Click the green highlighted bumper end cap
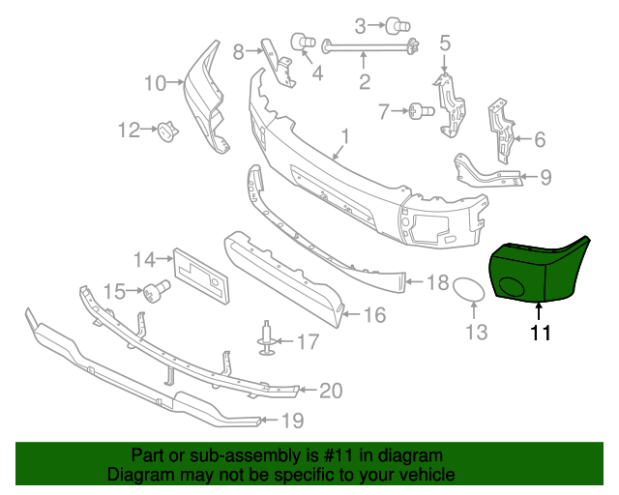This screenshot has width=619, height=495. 538,272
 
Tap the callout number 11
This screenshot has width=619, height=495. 539,335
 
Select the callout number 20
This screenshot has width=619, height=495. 331,391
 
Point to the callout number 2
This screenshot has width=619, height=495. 365,83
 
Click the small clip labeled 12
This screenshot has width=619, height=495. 169,131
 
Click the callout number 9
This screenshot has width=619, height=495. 545,177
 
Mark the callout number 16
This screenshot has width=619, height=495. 373,314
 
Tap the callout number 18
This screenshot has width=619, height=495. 437,283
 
